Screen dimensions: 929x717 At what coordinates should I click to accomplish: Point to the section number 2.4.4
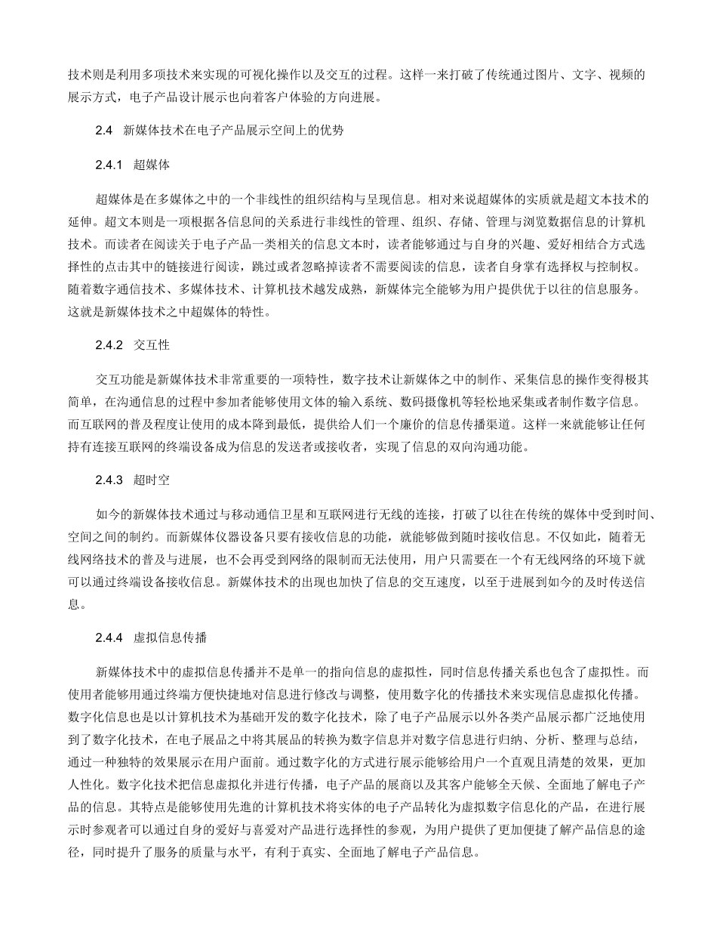click(x=109, y=637)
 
